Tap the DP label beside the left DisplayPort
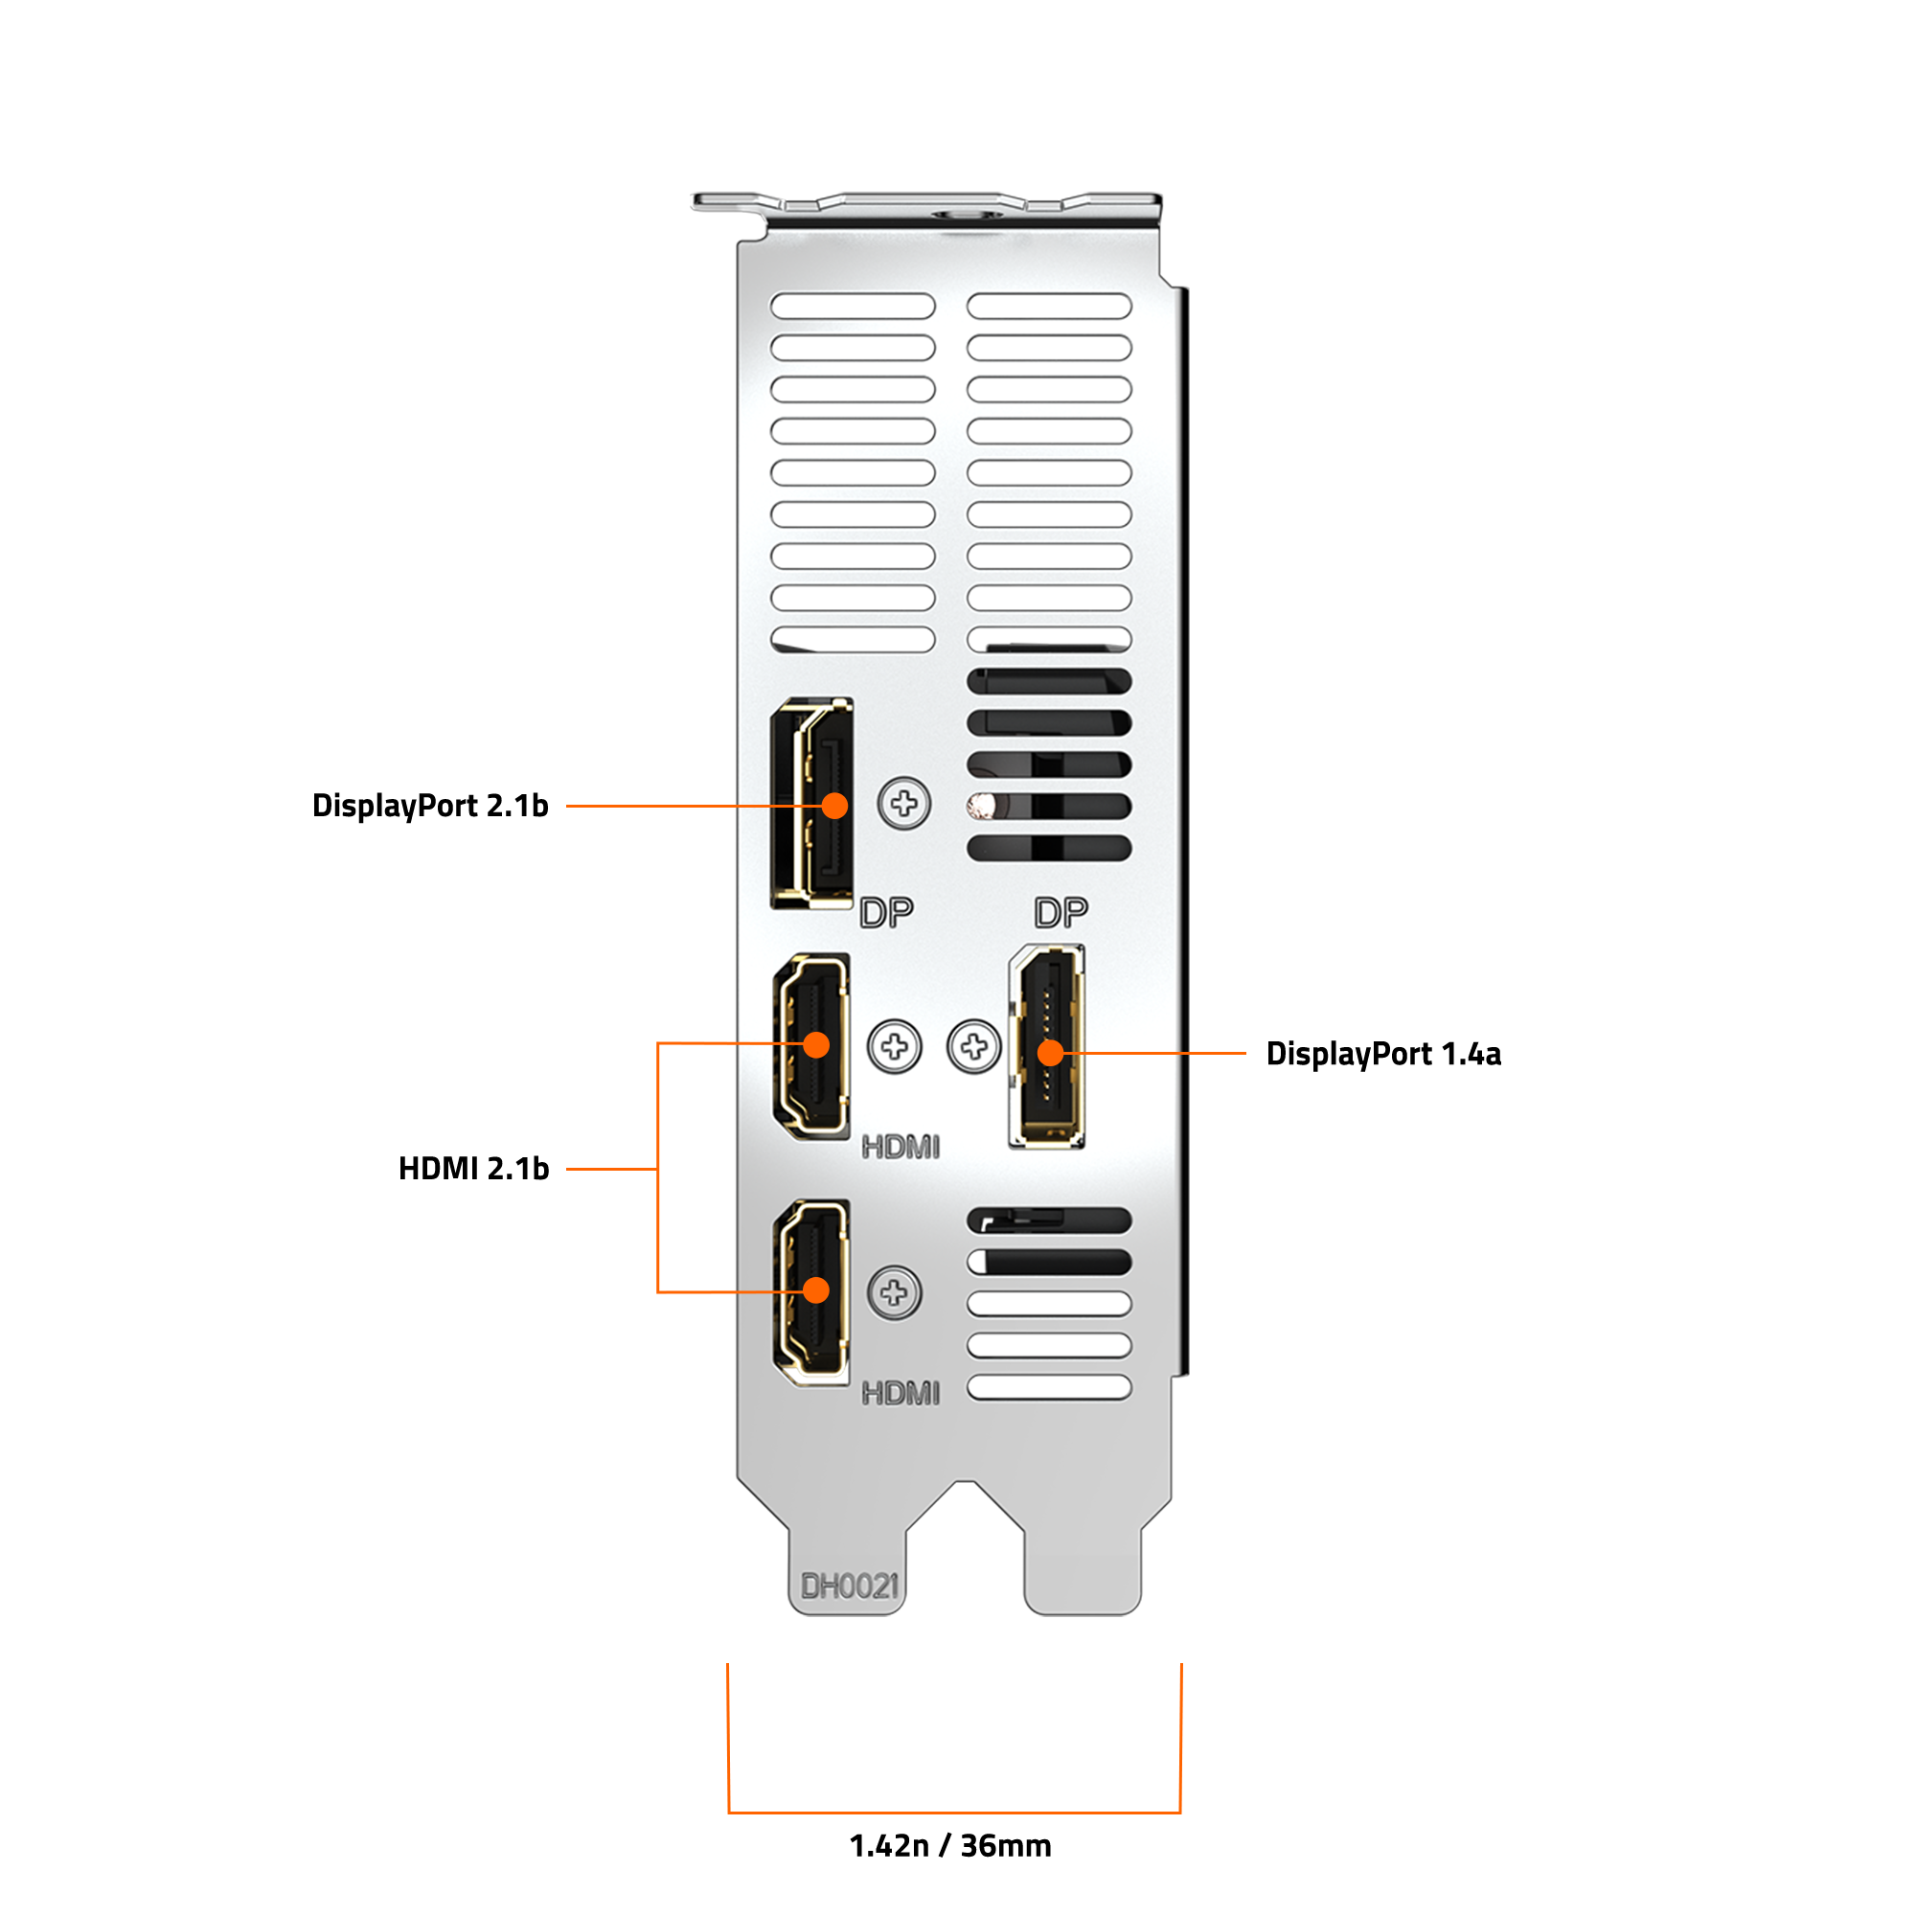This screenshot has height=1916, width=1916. [886, 912]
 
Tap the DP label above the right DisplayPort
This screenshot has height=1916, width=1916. [1061, 912]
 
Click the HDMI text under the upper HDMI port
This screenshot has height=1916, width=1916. [901, 1148]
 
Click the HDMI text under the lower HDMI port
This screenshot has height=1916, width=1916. [901, 1393]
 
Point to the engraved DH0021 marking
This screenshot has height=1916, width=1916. [849, 1586]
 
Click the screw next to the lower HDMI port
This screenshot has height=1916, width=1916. [895, 1292]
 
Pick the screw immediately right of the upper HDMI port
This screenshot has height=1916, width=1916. [895, 1046]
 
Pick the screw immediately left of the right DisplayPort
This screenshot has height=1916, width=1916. [974, 1046]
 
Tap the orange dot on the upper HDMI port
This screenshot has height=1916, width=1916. [816, 1044]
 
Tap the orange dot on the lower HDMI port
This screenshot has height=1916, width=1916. [816, 1290]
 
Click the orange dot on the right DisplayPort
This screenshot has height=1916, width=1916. [1050, 1052]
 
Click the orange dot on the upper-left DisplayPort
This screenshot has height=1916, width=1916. [836, 806]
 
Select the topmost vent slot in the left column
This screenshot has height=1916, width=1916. [853, 306]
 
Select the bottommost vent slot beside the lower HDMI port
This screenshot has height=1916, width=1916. [1049, 1387]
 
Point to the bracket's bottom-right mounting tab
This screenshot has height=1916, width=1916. [1083, 1567]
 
